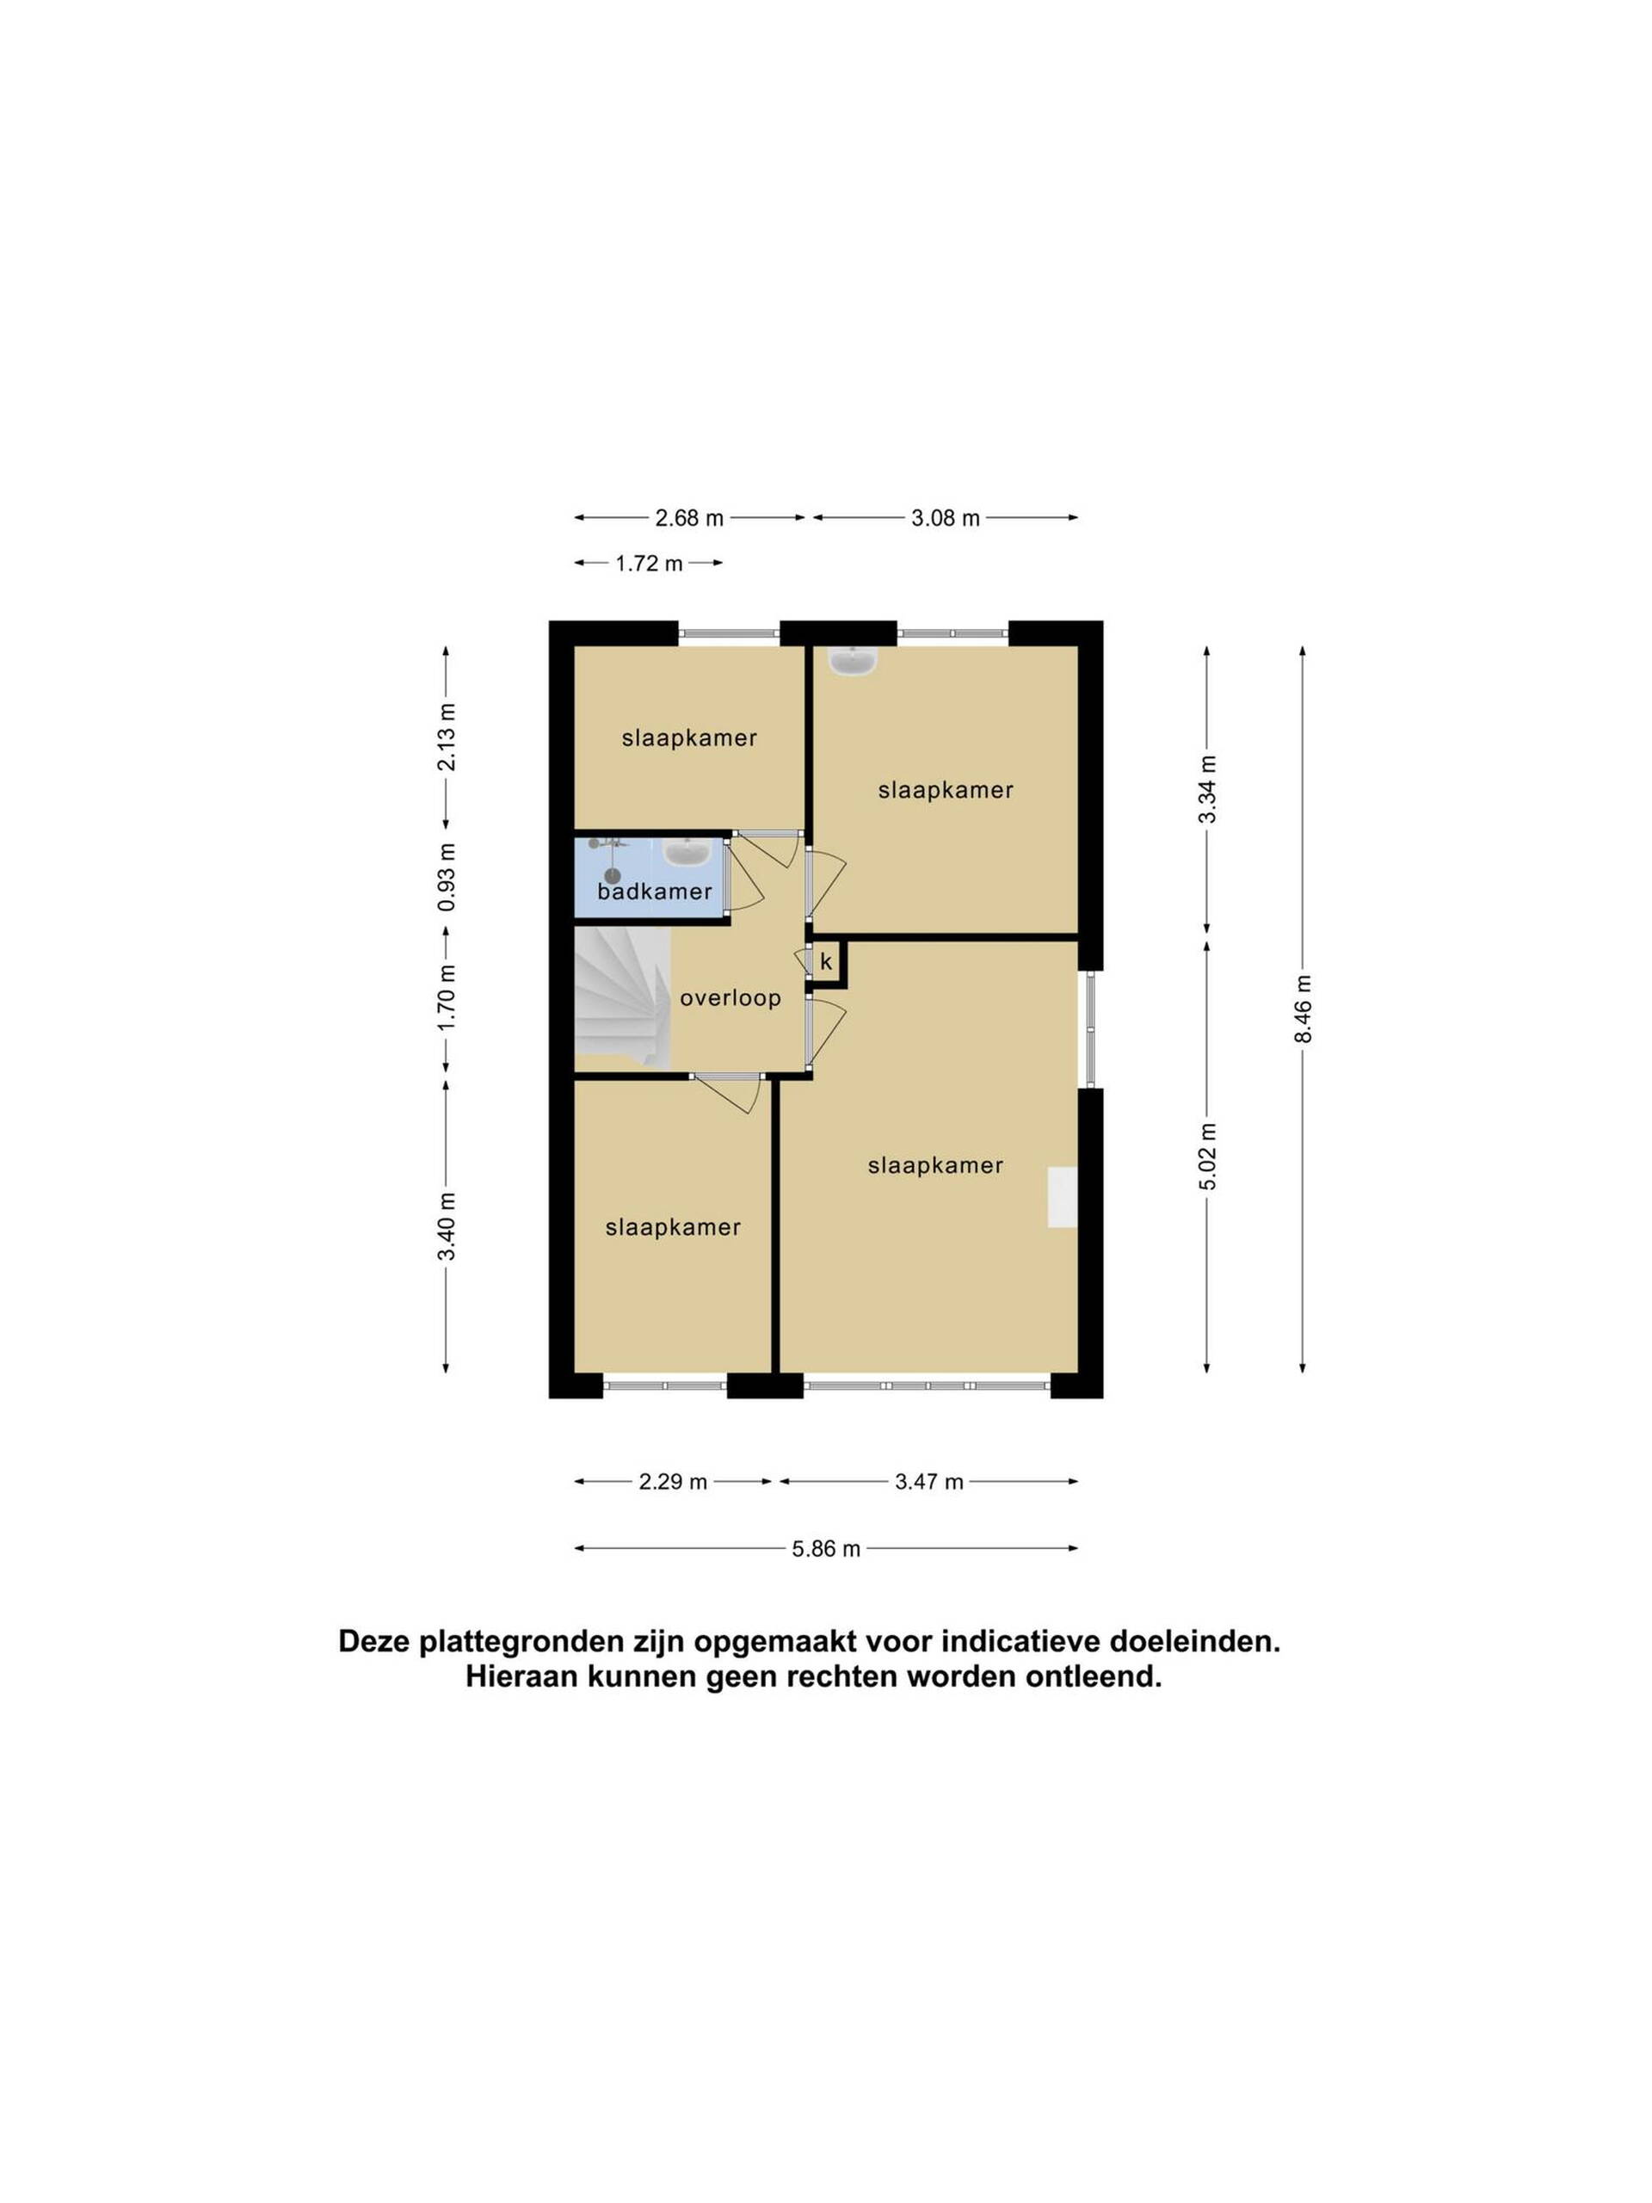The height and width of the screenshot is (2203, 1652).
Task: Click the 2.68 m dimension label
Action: tap(689, 518)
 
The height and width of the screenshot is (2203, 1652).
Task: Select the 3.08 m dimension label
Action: tap(945, 518)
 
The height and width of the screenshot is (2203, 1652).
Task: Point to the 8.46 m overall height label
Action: tap(1303, 1009)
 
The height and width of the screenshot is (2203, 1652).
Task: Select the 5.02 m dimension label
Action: tap(1207, 1157)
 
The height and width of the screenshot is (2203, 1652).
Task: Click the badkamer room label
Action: tap(654, 892)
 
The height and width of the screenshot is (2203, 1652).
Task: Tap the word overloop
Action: tap(730, 998)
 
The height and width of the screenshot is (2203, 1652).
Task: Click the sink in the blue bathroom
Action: tap(686, 853)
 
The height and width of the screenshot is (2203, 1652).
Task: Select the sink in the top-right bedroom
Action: tap(853, 660)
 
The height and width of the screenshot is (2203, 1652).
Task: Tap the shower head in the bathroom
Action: tap(613, 875)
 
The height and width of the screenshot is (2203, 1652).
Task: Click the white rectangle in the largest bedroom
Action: tap(1062, 1197)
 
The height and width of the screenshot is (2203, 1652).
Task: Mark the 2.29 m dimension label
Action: tap(673, 1482)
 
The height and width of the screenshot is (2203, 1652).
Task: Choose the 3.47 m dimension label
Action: tap(929, 1482)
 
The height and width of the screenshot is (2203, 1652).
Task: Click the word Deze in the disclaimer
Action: tap(374, 1641)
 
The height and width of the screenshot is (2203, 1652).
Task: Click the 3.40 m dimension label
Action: tap(446, 1226)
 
